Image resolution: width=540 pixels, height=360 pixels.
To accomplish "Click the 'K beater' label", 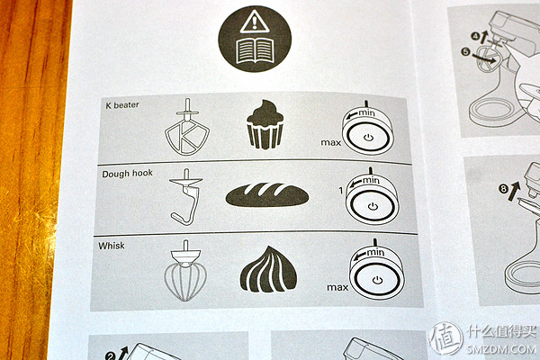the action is point(122,104).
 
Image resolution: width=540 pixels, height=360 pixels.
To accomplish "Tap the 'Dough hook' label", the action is point(127,174).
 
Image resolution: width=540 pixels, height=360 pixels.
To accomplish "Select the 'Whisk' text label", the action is point(112,246).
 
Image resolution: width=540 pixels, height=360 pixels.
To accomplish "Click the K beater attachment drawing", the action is point(187,127).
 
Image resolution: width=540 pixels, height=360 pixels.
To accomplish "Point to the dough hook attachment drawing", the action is point(186,197).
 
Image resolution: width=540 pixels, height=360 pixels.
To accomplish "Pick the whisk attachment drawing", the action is point(185,271).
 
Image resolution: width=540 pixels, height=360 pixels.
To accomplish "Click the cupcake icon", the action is point(265,124).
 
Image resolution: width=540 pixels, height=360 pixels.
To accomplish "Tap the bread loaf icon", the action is point(267,195).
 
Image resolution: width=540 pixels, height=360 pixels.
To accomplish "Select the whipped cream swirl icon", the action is point(268,269).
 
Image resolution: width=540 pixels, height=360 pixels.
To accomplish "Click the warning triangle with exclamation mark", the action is point(255,22).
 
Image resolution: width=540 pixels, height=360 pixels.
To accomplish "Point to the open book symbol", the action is point(255,51).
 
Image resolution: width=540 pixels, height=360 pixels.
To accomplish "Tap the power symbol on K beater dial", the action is point(368,138).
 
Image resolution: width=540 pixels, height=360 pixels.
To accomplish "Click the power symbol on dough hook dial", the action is point(373,206).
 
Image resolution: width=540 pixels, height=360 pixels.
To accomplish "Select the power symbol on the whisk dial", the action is point(377,279).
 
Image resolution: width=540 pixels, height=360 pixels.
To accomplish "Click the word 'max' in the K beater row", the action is point(330,142).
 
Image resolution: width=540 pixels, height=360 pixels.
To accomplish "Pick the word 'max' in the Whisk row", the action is point(337,287).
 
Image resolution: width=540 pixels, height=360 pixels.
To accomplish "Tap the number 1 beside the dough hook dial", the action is point(341,190).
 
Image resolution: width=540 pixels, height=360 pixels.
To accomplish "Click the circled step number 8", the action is point(504,188).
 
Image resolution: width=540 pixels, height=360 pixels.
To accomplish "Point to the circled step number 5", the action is point(465,51).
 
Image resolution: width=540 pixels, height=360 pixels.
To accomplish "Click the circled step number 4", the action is point(475,35).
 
